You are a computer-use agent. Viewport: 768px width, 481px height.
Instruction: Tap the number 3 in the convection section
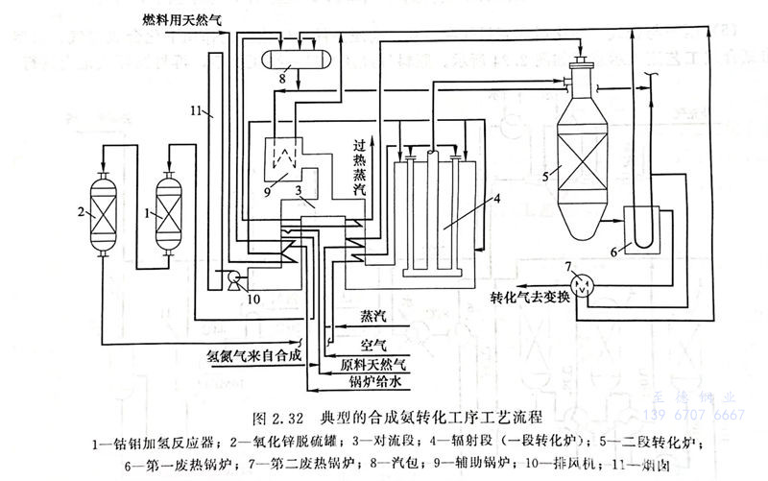pyautogui.click(x=300, y=192)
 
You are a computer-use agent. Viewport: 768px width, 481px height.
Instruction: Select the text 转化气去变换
pyautogui.click(x=532, y=296)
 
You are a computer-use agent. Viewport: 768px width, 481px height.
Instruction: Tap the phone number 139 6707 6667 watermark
pyautogui.click(x=698, y=415)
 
